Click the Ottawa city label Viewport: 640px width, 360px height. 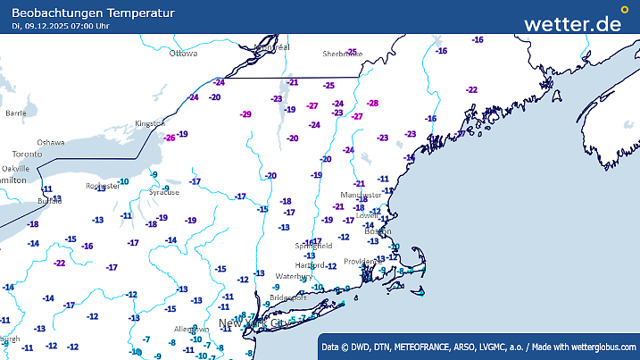pyautogui.click(x=183, y=54)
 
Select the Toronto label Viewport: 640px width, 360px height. pyautogui.click(x=28, y=155)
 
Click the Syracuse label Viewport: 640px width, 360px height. pyautogui.click(x=163, y=192)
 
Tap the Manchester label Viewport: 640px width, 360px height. pyautogui.click(x=361, y=194)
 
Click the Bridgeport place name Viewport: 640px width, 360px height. pyautogui.click(x=287, y=297)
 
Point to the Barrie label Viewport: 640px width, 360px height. pyautogui.click(x=16, y=113)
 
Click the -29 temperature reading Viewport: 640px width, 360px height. pyautogui.click(x=245, y=114)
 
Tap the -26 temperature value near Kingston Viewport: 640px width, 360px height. pyautogui.click(x=169, y=138)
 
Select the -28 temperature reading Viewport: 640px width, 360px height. pyautogui.click(x=372, y=104)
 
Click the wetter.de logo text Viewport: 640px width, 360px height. pyautogui.click(x=572, y=23)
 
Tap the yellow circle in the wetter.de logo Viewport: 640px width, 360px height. pyautogui.click(x=624, y=11)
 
